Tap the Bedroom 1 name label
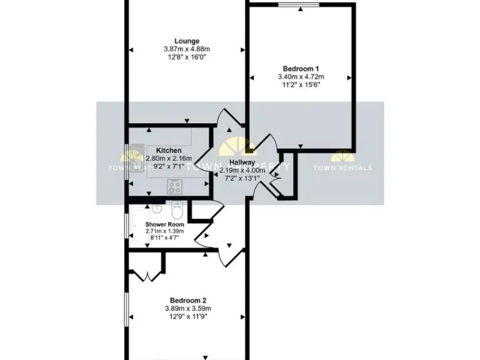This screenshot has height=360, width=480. pos(301,69)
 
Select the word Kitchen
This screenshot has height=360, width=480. pos(169,151)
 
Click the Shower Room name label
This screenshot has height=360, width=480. pos(164,224)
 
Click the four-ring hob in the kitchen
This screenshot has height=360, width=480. pos(174,185)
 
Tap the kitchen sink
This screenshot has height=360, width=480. pos(135,160)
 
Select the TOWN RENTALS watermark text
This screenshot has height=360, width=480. pos(342,167)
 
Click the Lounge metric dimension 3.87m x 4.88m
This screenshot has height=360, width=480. pos(187,49)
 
